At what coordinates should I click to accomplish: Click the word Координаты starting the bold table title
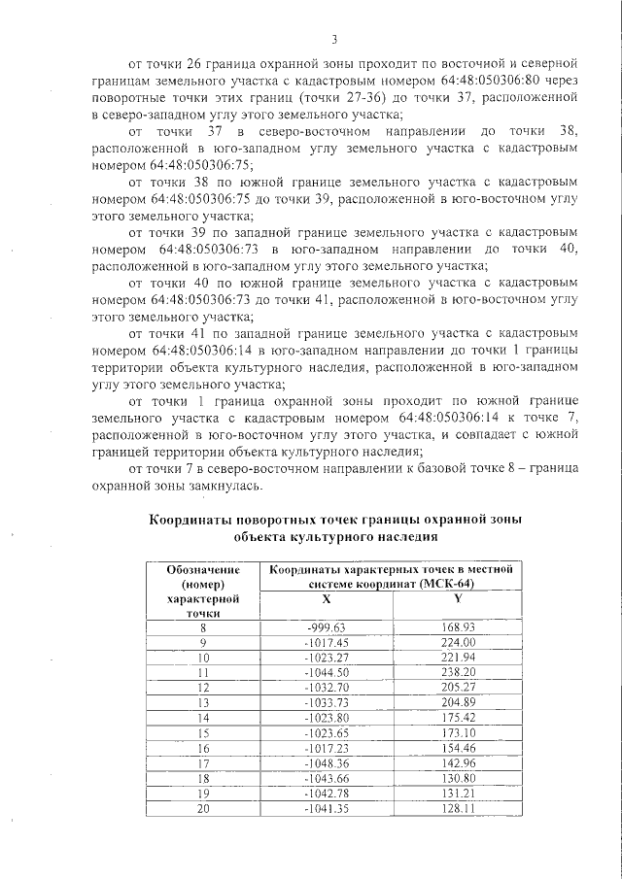click(190, 520)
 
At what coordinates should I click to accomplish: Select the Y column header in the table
click(457, 598)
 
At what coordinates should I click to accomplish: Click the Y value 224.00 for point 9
click(457, 642)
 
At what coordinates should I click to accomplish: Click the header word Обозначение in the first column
click(203, 569)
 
